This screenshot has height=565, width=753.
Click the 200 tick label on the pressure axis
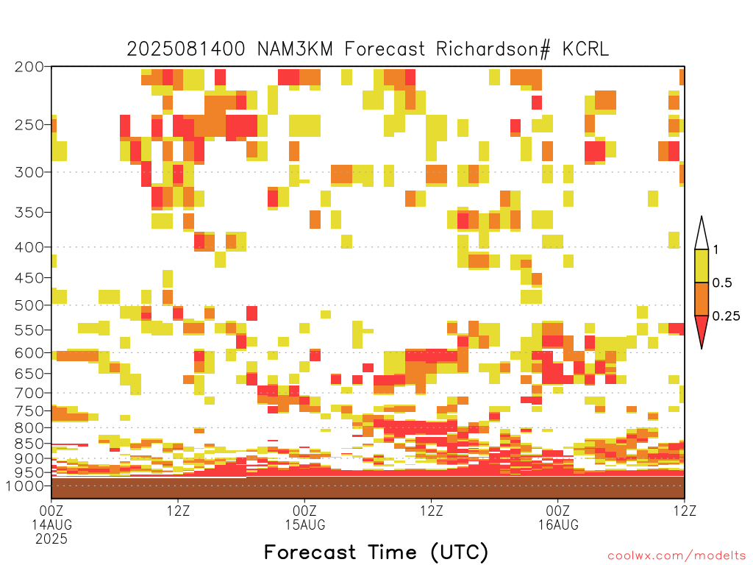tap(29, 67)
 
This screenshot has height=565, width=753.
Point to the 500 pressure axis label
tap(29, 305)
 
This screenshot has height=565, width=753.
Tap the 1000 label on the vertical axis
tap(25, 486)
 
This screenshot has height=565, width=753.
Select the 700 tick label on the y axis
tap(29, 393)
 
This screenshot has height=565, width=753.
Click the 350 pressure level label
tap(29, 213)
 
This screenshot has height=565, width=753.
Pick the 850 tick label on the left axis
tap(29, 444)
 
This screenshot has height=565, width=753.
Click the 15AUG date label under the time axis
tap(305, 525)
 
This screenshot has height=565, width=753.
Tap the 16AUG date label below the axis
tap(558, 525)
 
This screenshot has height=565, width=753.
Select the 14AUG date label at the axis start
tap(52, 525)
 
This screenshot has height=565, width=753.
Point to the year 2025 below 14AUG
tap(51, 539)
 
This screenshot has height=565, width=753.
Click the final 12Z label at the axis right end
tap(685, 511)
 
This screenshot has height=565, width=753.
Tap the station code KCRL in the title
tap(585, 49)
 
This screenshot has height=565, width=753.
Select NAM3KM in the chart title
tap(295, 49)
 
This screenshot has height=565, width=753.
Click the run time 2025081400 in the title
tap(186, 49)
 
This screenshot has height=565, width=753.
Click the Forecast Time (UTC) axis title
tap(376, 552)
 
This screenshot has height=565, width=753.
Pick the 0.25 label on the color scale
tap(726, 316)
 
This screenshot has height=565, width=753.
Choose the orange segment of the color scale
tap(702, 299)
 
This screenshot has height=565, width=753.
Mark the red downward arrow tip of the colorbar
tap(702, 348)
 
